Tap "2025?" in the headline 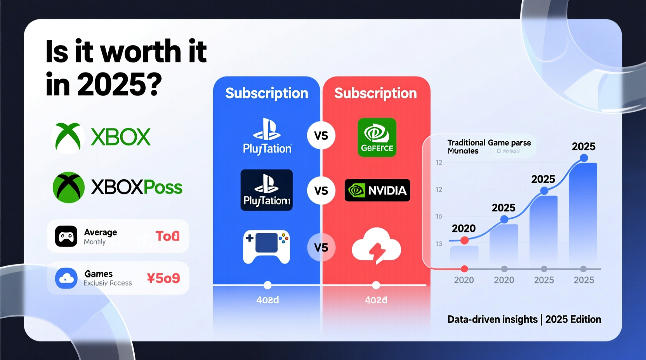click(x=119, y=85)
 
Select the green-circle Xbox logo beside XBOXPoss click(x=69, y=187)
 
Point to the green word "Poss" click(x=163, y=188)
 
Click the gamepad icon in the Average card click(x=66, y=236)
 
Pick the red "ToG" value click(x=167, y=236)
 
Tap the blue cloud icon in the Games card click(x=66, y=278)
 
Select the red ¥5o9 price click(x=163, y=278)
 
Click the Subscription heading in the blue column click(x=267, y=93)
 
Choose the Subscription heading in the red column click(x=375, y=93)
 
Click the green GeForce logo click(x=377, y=137)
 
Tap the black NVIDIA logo click(x=377, y=190)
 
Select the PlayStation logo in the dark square click(x=266, y=190)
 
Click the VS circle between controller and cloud click(x=321, y=247)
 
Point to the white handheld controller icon click(x=266, y=247)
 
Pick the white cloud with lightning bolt click(x=376, y=246)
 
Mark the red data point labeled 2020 click(x=464, y=241)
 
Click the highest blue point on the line click(x=583, y=158)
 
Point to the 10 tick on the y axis click(x=439, y=216)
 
